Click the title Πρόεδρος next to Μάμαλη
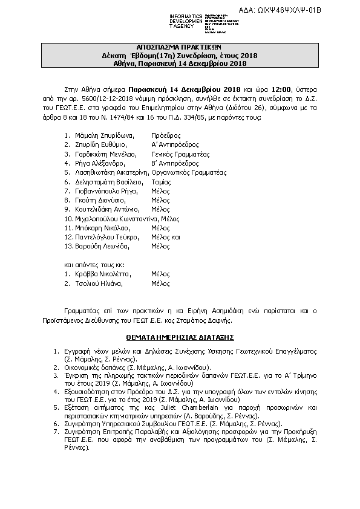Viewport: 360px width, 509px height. tap(166, 136)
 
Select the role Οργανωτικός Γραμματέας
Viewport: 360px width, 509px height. tap(188, 172)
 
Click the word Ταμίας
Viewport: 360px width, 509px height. tap(161, 181)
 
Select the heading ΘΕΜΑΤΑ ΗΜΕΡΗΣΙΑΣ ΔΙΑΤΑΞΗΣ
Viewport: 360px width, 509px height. tap(180, 334)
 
